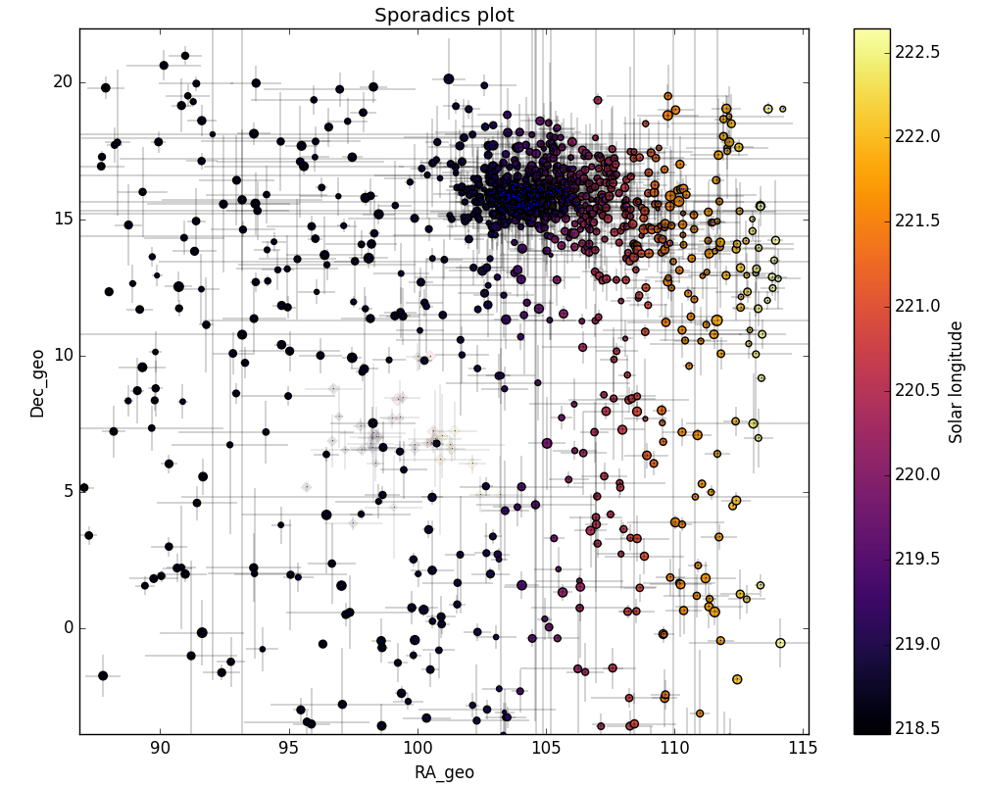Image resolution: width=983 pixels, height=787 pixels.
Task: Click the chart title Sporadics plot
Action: pyautogui.click(x=444, y=15)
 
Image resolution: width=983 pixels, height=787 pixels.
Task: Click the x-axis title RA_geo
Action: pyautogui.click(x=444, y=772)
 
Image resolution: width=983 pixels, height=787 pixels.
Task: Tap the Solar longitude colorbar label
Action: pyautogui.click(x=957, y=381)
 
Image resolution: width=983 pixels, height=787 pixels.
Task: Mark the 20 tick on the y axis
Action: pyautogui.click(x=63, y=81)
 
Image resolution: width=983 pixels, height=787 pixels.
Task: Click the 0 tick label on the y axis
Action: pyautogui.click(x=67, y=628)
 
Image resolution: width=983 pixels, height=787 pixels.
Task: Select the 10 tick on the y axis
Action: pyautogui.click(x=63, y=355)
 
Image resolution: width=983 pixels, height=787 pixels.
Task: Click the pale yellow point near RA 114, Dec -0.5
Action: pyautogui.click(x=780, y=643)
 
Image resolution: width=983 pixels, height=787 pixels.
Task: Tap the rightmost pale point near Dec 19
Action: pyautogui.click(x=782, y=109)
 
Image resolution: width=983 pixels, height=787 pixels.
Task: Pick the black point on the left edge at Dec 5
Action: pyautogui.click(x=84, y=487)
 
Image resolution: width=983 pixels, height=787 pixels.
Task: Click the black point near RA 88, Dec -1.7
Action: pyautogui.click(x=103, y=675)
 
